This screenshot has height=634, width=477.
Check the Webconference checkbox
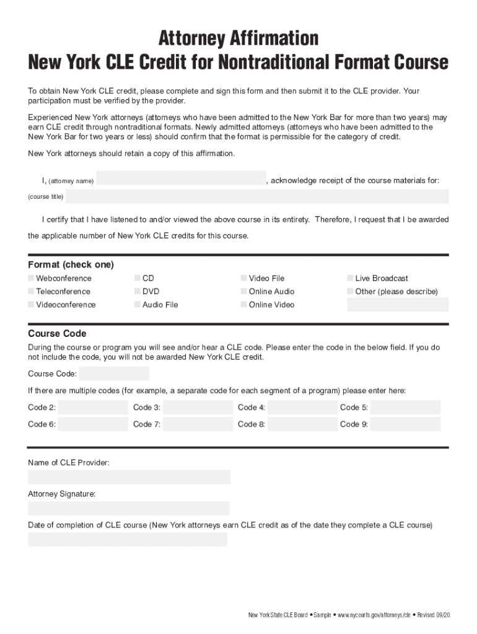(x=32, y=279)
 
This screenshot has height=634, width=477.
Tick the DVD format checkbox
(x=138, y=292)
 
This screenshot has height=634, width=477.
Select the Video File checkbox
(x=244, y=279)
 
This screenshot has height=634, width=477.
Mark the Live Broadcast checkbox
(x=351, y=279)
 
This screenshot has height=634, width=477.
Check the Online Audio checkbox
(x=244, y=292)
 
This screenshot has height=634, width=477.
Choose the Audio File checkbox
(x=138, y=305)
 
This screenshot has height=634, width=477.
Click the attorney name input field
(x=181, y=178)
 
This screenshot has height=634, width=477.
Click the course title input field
(x=257, y=197)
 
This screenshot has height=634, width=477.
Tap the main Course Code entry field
(x=115, y=374)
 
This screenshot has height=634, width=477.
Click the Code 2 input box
(x=93, y=407)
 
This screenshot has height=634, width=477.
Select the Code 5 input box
(x=406, y=407)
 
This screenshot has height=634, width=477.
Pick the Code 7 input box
(x=198, y=424)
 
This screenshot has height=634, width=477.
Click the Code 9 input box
(x=406, y=424)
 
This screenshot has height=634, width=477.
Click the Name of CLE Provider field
(x=129, y=477)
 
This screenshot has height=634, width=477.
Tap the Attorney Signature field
(x=129, y=508)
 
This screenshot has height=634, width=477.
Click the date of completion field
(x=128, y=539)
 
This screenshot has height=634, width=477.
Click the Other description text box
(x=398, y=305)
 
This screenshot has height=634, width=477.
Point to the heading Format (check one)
(x=71, y=264)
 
